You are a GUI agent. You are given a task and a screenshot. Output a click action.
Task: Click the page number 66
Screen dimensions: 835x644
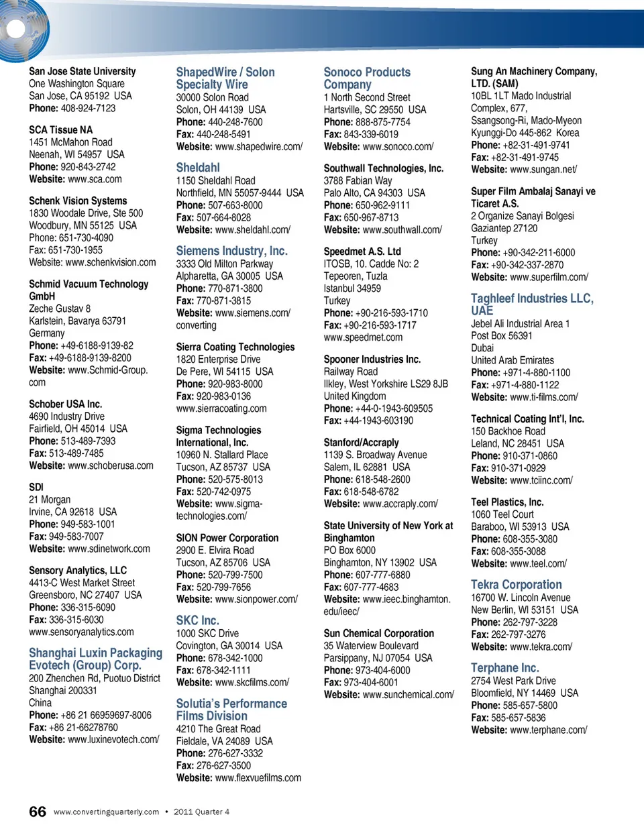[x=38, y=812]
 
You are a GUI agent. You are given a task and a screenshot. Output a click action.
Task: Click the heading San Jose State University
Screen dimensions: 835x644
[x=82, y=71]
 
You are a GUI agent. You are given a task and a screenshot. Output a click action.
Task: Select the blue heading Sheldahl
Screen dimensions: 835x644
[x=198, y=168]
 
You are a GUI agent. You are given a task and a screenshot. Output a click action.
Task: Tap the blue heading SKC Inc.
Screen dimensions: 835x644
[x=197, y=620]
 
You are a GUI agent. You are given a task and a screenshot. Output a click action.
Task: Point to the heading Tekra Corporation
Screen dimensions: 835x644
[x=516, y=585]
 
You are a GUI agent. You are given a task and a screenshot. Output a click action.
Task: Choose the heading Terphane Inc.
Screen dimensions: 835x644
[x=504, y=668]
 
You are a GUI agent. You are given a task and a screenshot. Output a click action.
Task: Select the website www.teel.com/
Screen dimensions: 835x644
[x=538, y=563]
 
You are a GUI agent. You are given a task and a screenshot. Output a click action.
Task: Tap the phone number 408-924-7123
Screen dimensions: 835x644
[x=88, y=108]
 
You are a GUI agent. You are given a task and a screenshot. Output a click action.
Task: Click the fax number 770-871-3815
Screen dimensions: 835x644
[x=223, y=300]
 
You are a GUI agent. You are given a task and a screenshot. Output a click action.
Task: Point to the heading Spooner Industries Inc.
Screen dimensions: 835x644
[x=372, y=359]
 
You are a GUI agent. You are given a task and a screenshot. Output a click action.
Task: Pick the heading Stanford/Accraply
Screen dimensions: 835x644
[x=361, y=443]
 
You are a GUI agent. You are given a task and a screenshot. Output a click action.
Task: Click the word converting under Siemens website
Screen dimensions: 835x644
[x=196, y=325]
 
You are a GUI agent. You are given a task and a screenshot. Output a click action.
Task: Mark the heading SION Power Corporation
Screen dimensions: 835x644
[x=227, y=538]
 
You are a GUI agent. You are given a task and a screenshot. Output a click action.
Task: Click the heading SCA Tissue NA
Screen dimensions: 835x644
[x=60, y=129]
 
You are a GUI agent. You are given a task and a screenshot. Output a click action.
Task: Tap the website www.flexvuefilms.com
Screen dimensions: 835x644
[x=258, y=778]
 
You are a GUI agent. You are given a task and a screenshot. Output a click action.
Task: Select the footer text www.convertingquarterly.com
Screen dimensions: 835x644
[x=106, y=812]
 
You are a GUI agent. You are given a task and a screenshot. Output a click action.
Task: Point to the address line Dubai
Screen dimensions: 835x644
[x=482, y=348]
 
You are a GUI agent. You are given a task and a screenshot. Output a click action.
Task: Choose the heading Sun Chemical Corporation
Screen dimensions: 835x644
[x=378, y=633]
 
